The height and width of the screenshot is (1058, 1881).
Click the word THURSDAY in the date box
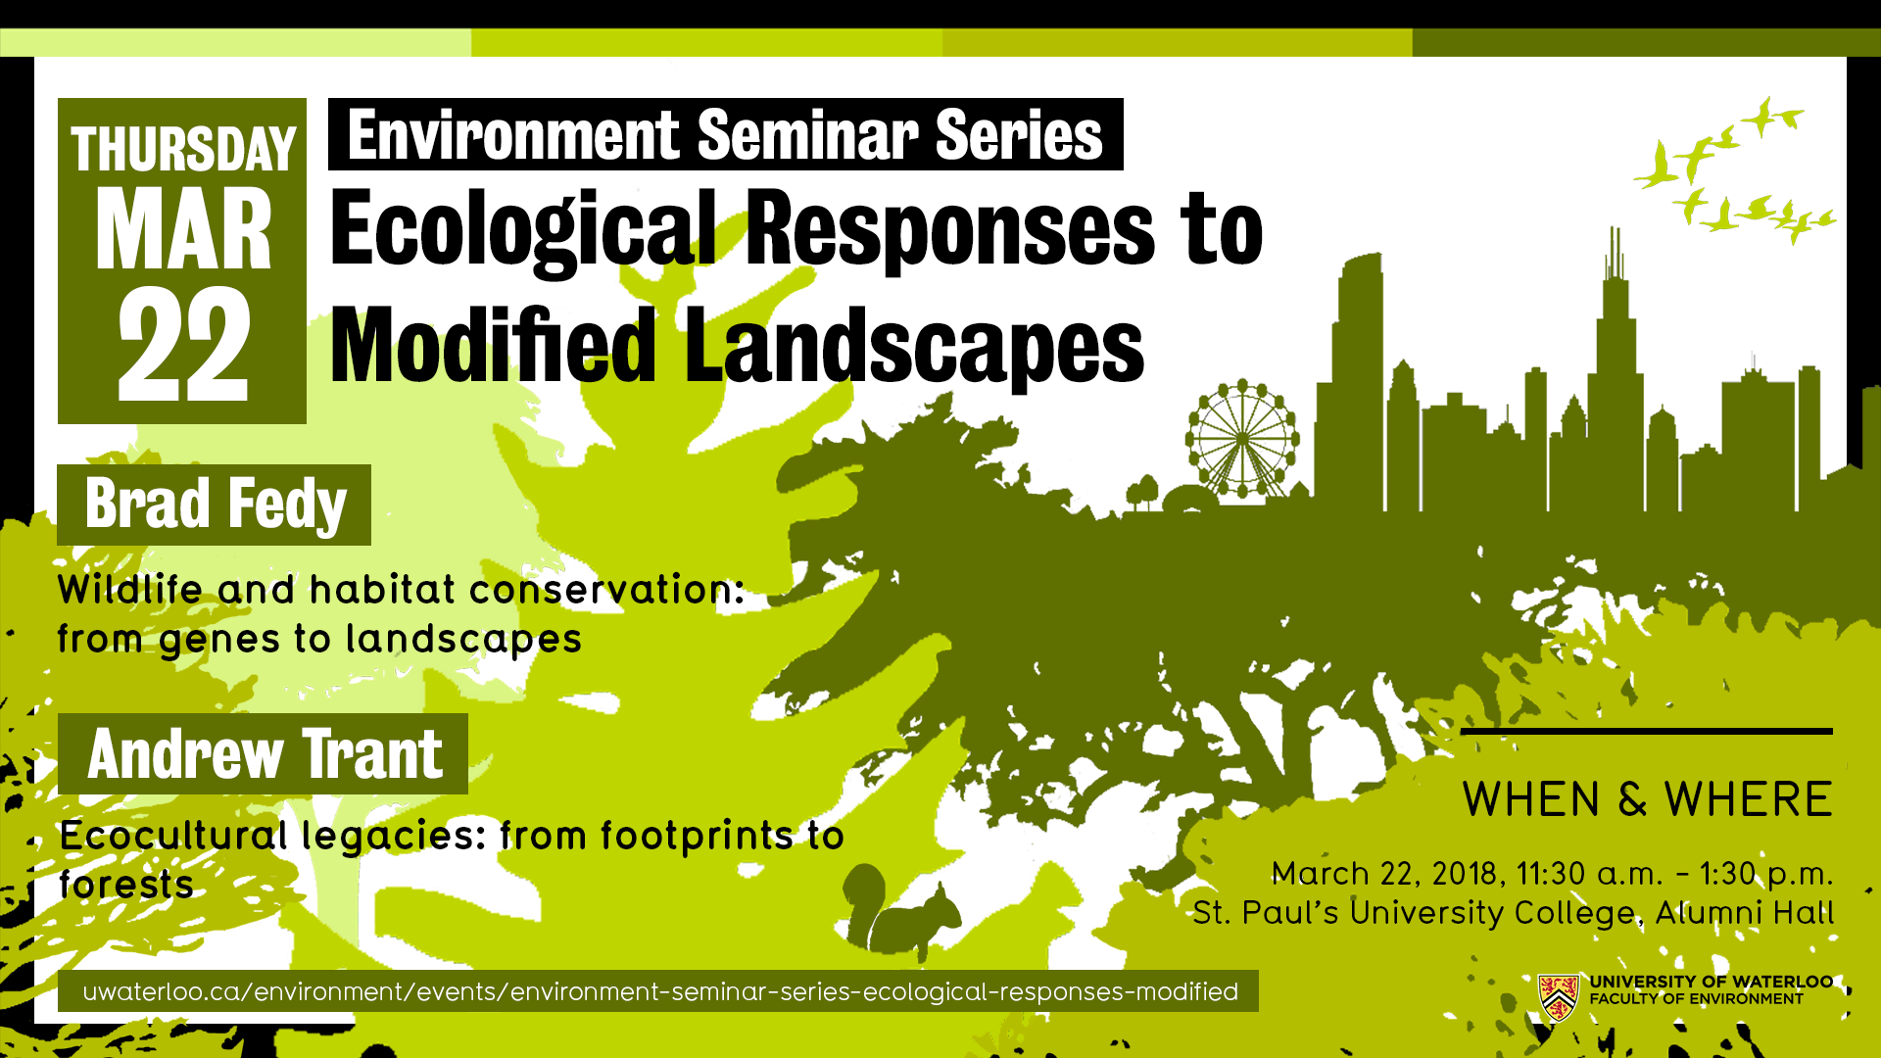pos(183,150)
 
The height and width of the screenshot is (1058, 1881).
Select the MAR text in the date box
pos(183,231)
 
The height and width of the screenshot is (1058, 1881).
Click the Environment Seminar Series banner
pos(725,135)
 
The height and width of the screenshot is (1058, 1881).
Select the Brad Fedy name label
pos(215,505)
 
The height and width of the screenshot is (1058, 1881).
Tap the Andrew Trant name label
pos(264,754)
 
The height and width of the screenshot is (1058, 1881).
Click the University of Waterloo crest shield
pos(1558,997)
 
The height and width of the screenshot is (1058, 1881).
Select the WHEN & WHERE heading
pos(1647,799)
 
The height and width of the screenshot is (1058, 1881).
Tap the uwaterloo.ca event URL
pos(659,991)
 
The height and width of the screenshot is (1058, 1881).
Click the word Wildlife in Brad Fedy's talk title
pos(130,590)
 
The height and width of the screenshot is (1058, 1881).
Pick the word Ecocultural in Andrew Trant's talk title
pos(173,836)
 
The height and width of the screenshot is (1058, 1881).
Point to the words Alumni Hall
pos(1744,913)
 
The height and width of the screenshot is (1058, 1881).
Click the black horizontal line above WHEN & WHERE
pos(1646,731)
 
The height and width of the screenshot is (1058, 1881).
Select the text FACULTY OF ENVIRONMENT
pos(1696,999)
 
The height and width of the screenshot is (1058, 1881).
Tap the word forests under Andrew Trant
pos(126,885)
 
